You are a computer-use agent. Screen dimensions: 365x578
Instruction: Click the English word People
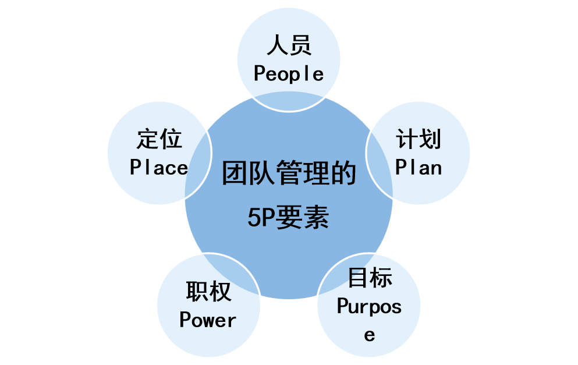pos(289,74)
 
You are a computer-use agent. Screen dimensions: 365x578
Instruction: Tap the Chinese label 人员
pos(289,45)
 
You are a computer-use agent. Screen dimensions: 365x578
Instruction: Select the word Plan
pos(419,168)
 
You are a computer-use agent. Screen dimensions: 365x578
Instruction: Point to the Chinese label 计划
pos(419,140)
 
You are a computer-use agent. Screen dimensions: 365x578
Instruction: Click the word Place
pos(159,168)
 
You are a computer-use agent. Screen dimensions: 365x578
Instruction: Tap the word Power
pos(208,320)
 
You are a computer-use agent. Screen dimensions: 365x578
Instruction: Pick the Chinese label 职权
pos(208,292)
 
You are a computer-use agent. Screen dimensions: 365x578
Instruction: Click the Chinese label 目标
pos(370,278)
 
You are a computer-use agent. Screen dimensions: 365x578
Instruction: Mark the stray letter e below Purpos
pos(370,335)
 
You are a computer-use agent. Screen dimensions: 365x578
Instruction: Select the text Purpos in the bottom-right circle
pos(370,307)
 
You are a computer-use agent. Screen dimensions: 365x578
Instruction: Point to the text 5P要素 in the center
pos(289,218)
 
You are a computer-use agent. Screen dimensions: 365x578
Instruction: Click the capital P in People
pos(260,74)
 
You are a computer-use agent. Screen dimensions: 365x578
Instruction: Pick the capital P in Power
pos(185,320)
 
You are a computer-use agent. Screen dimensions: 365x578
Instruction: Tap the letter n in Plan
pos(436,168)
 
